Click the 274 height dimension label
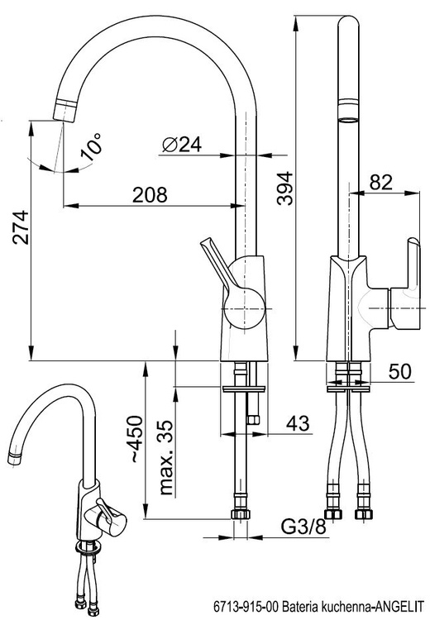tap(21, 227)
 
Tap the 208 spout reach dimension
tap(150, 195)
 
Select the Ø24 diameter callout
tap(182, 145)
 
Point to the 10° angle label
tap(92, 146)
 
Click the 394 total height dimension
tap(284, 188)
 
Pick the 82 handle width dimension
tap(381, 182)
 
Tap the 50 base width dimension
tap(400, 371)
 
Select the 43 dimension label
tap(298, 422)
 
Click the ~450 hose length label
tap(135, 439)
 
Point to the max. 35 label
tap(166, 457)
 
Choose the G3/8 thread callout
tap(303, 527)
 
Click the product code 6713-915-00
tap(246, 606)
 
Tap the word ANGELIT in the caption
tap(399, 606)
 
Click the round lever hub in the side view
tap(243, 308)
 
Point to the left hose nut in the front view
tap(332, 513)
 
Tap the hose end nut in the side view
tap(241, 514)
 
